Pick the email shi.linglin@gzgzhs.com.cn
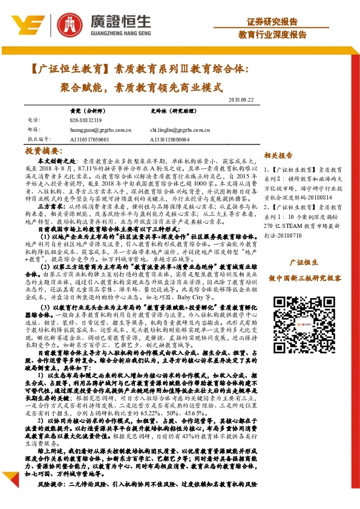click(179, 129)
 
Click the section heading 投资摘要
click(45, 151)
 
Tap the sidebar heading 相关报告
click(278, 155)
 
